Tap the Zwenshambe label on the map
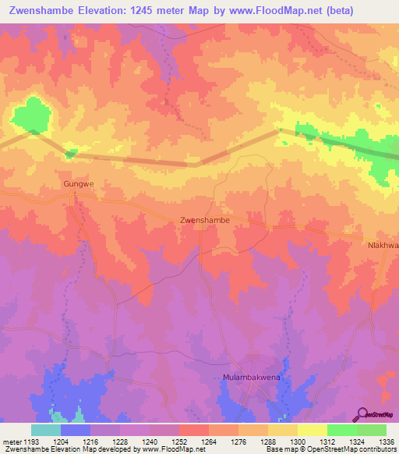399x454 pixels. (204, 221)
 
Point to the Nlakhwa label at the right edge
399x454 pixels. (383, 245)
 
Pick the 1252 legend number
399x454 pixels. (178, 441)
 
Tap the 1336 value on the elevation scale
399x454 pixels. (387, 441)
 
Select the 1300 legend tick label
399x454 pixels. (297, 441)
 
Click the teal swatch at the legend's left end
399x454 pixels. (46, 430)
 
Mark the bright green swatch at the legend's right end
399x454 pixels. (372, 430)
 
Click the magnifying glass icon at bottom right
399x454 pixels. (363, 413)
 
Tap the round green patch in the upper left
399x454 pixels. (33, 114)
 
